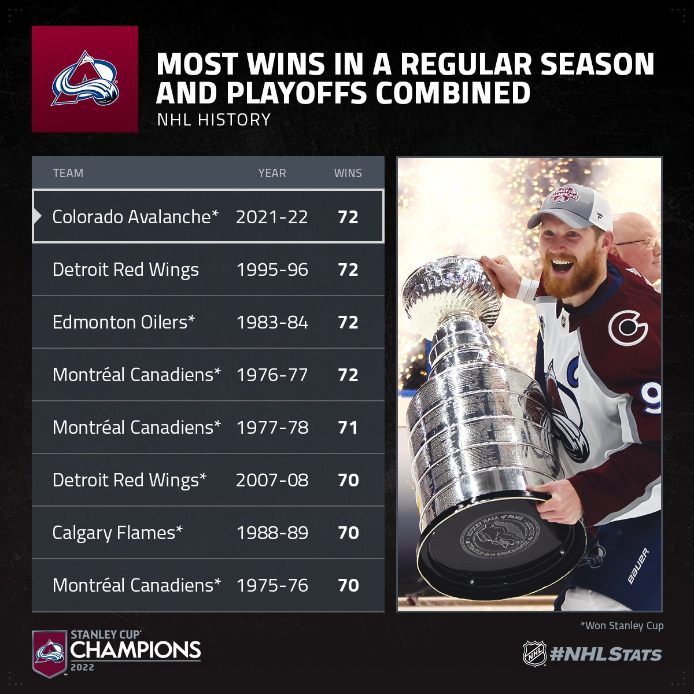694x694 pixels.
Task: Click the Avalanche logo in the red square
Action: pyautogui.click(x=85, y=79)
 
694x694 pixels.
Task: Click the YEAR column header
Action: pyautogui.click(x=272, y=173)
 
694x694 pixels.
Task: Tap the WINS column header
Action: pyautogui.click(x=348, y=173)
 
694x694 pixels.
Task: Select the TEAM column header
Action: pyautogui.click(x=68, y=173)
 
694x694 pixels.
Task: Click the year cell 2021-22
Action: pyautogui.click(x=272, y=217)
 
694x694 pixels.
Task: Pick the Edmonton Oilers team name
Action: pyautogui.click(x=124, y=322)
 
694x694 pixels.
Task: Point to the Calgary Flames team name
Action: pyautogui.click(x=117, y=533)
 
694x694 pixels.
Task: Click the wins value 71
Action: pyautogui.click(x=348, y=427)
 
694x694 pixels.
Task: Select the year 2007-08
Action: pyautogui.click(x=272, y=480)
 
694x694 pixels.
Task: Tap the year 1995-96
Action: pyautogui.click(x=272, y=270)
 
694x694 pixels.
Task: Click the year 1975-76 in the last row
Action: pyautogui.click(x=272, y=585)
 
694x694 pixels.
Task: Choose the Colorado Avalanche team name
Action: pyautogui.click(x=135, y=217)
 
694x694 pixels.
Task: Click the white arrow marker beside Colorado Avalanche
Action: pyautogui.click(x=37, y=216)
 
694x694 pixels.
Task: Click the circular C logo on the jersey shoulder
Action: pyautogui.click(x=628, y=328)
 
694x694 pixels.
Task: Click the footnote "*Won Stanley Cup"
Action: pyautogui.click(x=622, y=626)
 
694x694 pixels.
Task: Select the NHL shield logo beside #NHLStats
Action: pyautogui.click(x=534, y=654)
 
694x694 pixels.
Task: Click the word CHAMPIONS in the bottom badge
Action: pyautogui.click(x=135, y=649)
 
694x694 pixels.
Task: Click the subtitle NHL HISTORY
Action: pyautogui.click(x=214, y=120)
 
